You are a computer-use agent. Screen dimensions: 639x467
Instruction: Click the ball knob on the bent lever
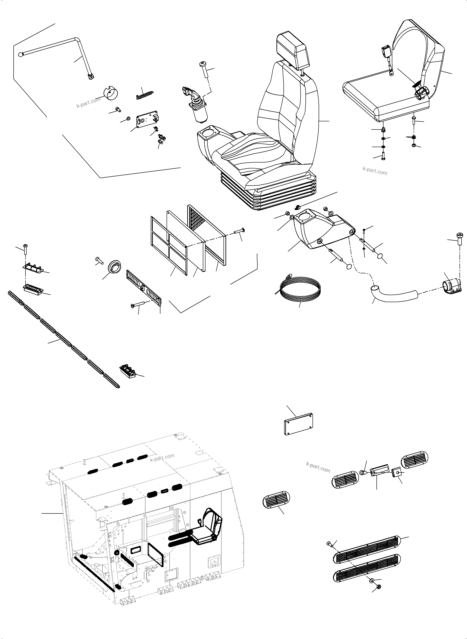click(x=20, y=54)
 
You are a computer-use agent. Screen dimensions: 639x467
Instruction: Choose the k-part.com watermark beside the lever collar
click(x=89, y=102)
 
